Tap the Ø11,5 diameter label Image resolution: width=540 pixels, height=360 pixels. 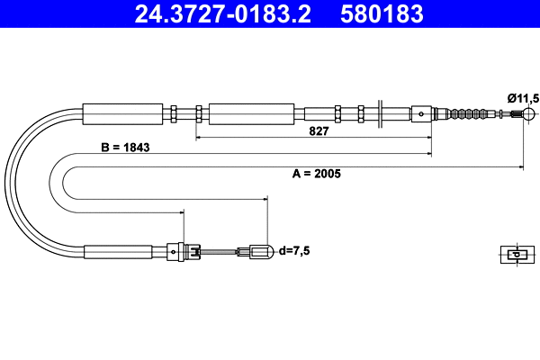tap(522, 97)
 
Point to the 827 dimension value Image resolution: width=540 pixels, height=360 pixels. tap(319, 130)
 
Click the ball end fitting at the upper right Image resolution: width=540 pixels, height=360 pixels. tap(529, 114)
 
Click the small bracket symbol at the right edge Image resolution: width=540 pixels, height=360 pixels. tap(514, 254)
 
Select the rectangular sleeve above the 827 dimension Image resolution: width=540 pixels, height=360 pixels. tap(251, 114)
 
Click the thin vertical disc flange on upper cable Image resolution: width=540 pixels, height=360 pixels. tap(383, 114)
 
